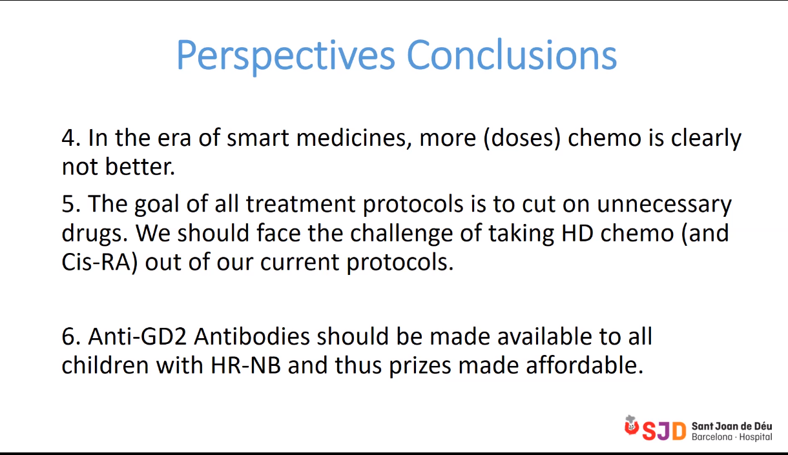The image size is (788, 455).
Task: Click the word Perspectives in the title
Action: (285, 56)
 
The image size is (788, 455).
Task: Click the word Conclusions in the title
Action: (512, 55)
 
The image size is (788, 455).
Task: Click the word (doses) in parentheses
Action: (522, 139)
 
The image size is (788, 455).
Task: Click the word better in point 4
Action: (140, 167)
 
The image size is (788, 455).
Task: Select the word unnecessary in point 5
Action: (664, 205)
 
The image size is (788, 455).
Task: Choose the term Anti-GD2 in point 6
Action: (137, 336)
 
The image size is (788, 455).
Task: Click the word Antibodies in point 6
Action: (251, 336)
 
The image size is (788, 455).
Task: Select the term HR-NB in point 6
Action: (245, 366)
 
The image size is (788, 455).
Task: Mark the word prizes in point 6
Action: (420, 367)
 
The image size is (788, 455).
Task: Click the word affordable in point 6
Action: (585, 365)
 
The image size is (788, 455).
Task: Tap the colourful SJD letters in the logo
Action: (664, 430)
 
